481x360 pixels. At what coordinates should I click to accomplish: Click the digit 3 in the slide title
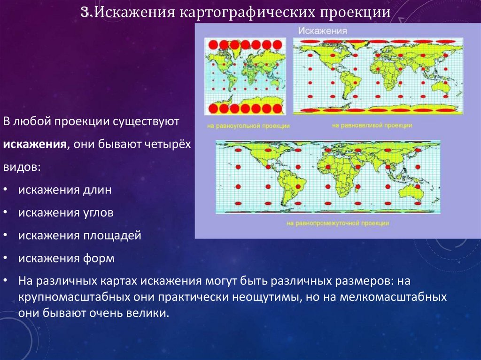85,12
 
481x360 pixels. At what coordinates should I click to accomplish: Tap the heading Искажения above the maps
323,31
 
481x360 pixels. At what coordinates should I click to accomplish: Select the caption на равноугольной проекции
248,126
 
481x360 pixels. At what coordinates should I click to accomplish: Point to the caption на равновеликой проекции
372,125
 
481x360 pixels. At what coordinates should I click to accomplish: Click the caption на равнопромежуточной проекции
338,223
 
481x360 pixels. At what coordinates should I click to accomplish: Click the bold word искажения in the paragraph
35,144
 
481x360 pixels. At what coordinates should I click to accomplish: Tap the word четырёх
168,145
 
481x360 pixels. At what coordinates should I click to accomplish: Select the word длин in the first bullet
97,190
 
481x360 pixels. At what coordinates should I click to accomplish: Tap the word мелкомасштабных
393,297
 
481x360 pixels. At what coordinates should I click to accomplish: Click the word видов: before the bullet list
22,167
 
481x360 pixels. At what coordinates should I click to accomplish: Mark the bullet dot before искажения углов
5,213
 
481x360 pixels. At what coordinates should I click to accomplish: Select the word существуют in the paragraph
146,122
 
